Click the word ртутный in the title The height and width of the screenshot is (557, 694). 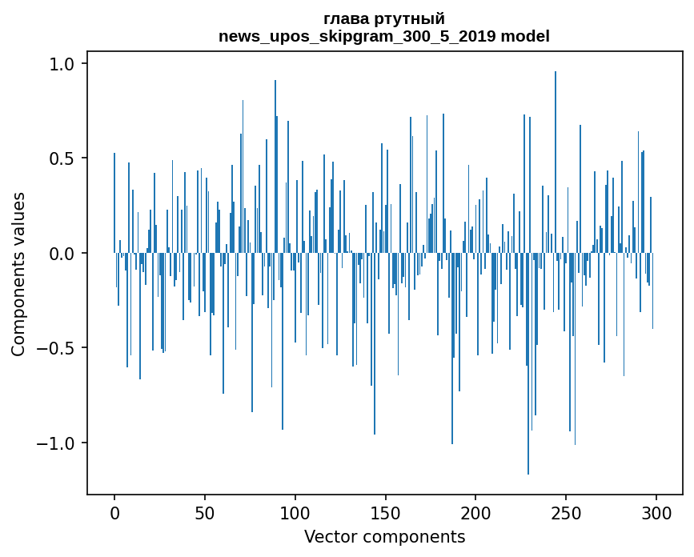click(x=411, y=19)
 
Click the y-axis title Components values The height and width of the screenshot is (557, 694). click(x=18, y=274)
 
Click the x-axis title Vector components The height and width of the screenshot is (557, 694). click(x=384, y=536)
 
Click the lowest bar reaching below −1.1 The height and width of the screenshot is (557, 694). click(x=528, y=400)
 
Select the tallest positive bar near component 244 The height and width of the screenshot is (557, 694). click(x=556, y=160)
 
